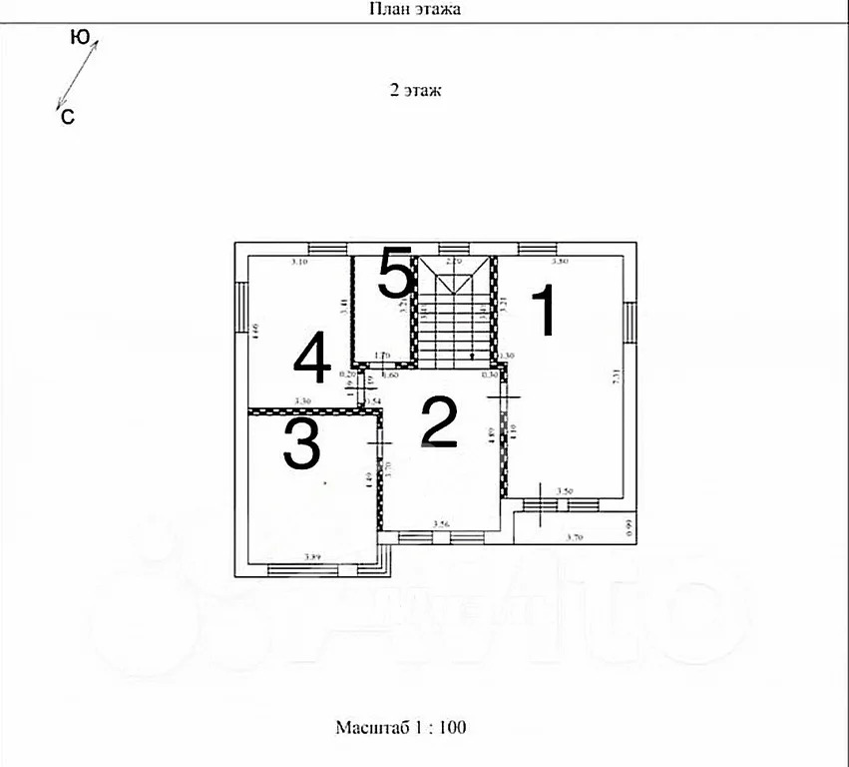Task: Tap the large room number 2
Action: point(438,422)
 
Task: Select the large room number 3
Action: point(301,444)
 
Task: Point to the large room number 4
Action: point(311,360)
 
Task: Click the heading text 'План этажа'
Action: point(415,9)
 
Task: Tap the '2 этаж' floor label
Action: point(415,89)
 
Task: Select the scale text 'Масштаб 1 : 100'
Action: point(401,727)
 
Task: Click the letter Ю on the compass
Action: point(81,37)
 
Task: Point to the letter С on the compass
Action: point(68,117)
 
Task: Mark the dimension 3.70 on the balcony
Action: point(575,537)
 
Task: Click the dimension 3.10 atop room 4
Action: point(298,262)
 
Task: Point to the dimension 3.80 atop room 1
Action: point(560,262)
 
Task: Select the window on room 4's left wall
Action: point(239,306)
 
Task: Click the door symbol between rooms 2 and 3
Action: point(379,440)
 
